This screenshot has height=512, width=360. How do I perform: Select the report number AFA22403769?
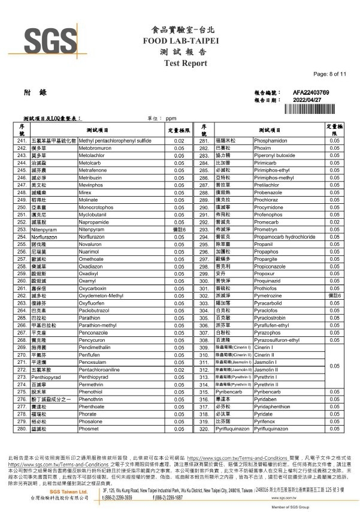click(311, 93)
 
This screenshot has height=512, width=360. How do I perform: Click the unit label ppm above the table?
click(170, 119)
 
